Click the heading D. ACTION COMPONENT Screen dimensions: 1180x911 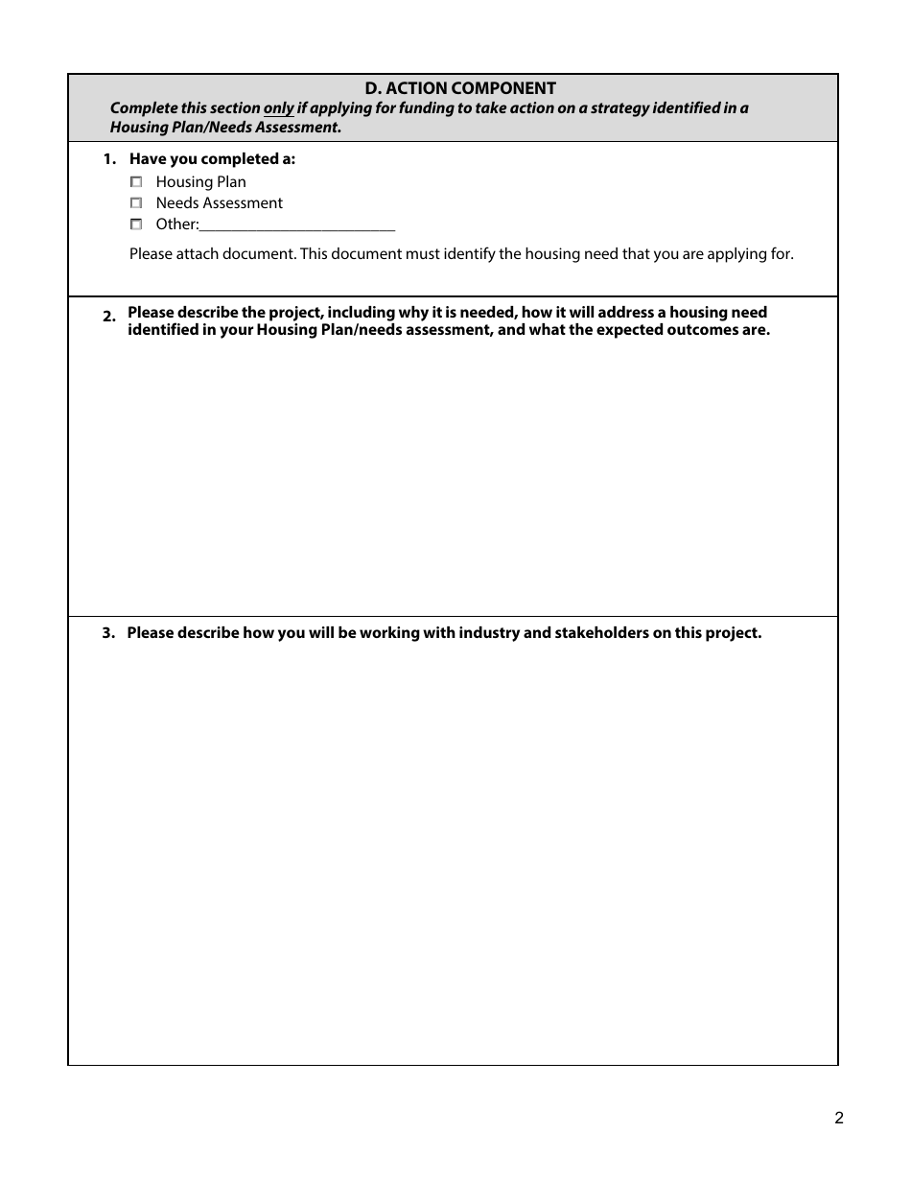(x=460, y=88)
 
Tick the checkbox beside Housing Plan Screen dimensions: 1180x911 (x=136, y=181)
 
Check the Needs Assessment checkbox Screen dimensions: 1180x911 (x=136, y=202)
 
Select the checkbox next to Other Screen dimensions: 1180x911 (x=136, y=224)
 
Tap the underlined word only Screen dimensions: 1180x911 (x=278, y=108)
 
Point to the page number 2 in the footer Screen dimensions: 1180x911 (x=838, y=1118)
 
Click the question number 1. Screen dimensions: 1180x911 (x=108, y=159)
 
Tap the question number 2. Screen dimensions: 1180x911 (x=108, y=317)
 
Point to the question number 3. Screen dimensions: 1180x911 (x=108, y=633)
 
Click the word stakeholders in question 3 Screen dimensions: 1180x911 (x=601, y=633)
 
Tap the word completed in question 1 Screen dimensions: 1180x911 (x=236, y=159)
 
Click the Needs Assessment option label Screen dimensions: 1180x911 (x=219, y=202)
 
